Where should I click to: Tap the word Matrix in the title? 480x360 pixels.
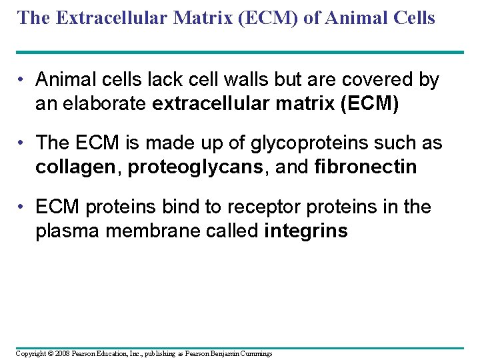coord(192,17)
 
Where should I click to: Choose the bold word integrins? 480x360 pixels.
coord(306,231)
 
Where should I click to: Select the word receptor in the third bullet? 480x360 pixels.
coord(263,207)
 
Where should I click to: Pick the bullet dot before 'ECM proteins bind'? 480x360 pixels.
coord(23,208)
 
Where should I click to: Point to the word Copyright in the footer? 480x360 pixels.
coord(29,353)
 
